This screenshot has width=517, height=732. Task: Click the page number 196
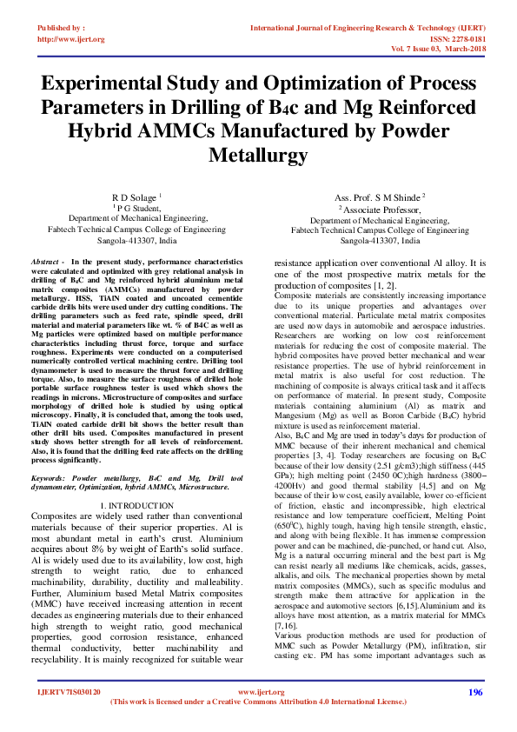click(474, 715)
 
